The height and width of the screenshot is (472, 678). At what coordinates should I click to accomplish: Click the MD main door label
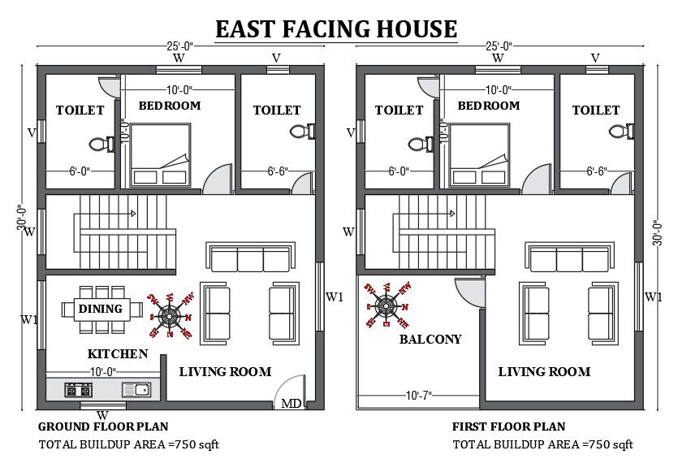290,403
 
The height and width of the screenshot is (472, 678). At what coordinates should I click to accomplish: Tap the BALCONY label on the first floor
430,340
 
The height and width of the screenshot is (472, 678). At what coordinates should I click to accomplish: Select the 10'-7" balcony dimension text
418,395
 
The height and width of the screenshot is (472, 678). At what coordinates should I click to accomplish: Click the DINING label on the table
101,309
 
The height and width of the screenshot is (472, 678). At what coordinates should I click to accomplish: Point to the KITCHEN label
118,354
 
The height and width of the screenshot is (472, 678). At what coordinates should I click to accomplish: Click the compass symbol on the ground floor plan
168,314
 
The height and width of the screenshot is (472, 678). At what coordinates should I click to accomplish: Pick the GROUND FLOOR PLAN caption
104,427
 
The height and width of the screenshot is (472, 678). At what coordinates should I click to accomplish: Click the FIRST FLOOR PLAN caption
508,427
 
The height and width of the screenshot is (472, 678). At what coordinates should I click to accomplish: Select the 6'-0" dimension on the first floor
398,171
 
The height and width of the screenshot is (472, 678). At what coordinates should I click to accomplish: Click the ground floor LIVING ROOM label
225,372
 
